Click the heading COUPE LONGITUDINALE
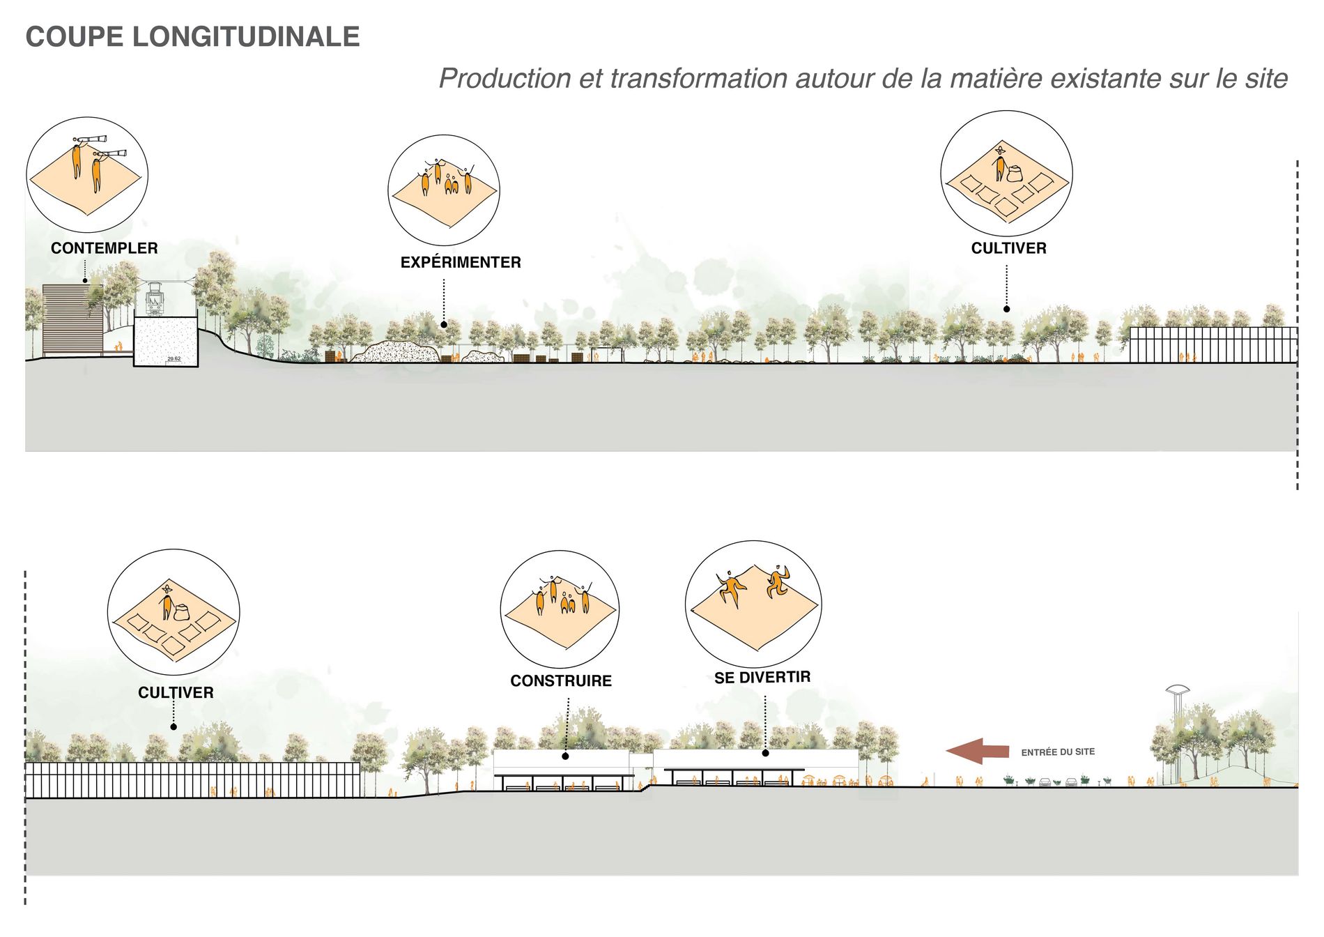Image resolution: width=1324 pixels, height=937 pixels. pos(192,37)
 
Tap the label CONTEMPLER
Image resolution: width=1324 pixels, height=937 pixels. pos(105,248)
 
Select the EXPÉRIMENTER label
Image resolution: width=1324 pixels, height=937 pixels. pos(461,263)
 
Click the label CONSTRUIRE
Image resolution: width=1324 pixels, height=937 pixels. pos(561,681)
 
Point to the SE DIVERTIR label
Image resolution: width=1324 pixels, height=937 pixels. pos(762,678)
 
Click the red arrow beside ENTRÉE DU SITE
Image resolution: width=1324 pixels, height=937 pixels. pos(977,752)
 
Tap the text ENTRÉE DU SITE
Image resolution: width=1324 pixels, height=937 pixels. pos(1058,752)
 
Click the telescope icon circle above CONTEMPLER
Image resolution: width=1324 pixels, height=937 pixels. pos(87,175)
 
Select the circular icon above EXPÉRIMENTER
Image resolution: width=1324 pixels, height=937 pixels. pos(444,190)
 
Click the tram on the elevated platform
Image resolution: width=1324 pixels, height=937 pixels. pos(155,301)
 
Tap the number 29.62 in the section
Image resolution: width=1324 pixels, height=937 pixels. pos(174,359)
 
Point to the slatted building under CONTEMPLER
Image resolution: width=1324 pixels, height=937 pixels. pos(72,320)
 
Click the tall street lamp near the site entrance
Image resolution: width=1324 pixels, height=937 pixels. pos(1177,732)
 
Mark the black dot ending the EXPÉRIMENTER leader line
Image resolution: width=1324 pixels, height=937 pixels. pos(444,325)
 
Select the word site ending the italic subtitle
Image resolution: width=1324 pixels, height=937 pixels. pos(1265,79)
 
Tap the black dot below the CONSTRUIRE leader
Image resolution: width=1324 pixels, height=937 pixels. pos(565,756)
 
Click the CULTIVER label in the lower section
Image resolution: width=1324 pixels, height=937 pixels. pos(176,693)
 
